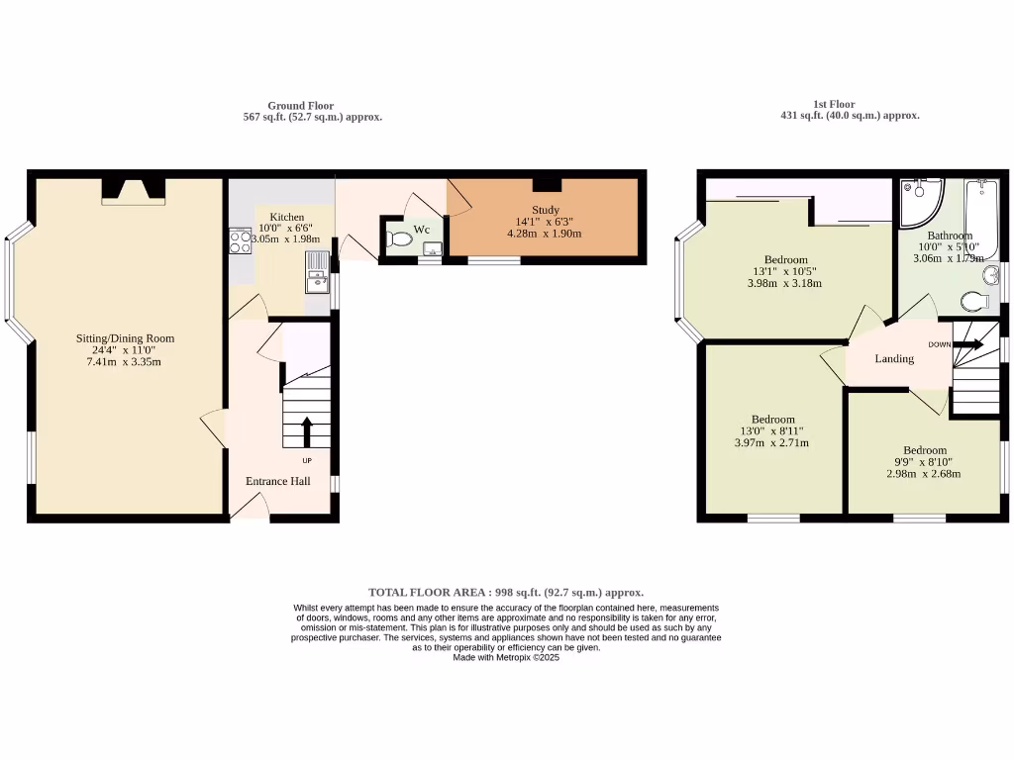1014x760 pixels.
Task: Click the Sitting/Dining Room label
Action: pos(125,338)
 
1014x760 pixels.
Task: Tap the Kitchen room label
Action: pos(287,217)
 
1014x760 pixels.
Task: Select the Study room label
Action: pos(546,210)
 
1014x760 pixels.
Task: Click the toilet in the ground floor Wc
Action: pos(401,238)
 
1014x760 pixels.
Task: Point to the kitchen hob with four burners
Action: pos(240,240)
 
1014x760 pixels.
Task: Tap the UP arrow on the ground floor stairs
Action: pos(306,432)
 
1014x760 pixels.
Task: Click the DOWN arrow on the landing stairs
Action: pos(965,344)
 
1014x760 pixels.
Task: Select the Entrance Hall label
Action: pos(278,481)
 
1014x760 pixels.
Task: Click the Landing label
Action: pos(894,358)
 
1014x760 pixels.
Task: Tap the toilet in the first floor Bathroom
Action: pos(974,301)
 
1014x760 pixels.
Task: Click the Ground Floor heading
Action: pos(300,106)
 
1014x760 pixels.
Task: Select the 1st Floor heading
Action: pos(834,104)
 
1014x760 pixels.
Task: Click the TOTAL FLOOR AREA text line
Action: pos(506,592)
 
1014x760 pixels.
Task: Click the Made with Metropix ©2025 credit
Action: pos(506,657)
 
